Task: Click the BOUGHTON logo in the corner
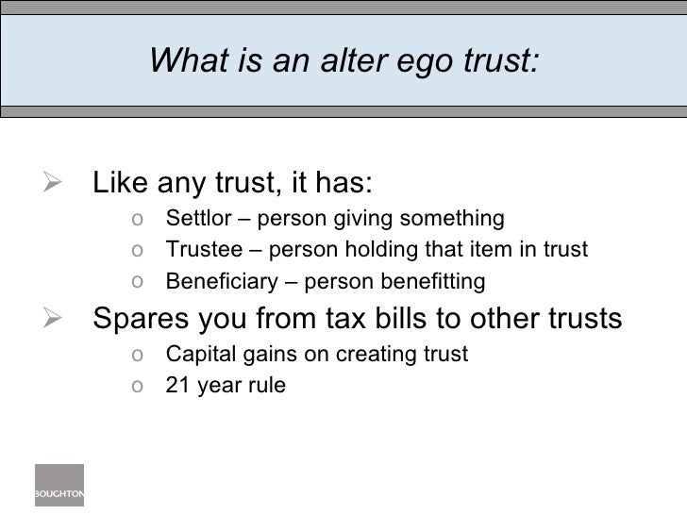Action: tap(59, 485)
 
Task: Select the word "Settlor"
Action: tap(194, 220)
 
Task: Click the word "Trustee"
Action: tap(198, 250)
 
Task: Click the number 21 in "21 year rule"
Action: tap(176, 385)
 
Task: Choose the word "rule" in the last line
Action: tap(266, 385)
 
